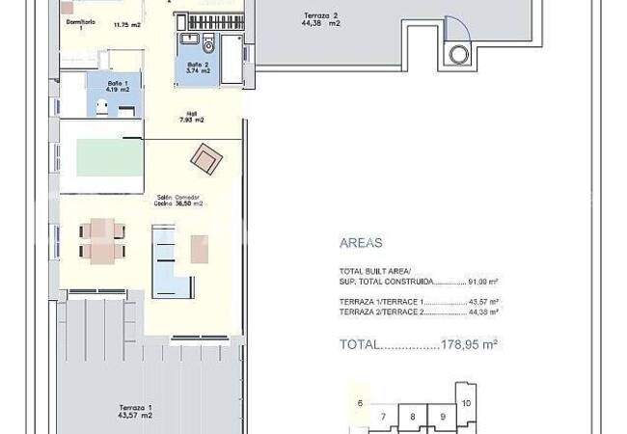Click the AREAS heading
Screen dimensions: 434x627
pyautogui.click(x=361, y=244)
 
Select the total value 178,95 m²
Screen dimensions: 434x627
pyautogui.click(x=467, y=343)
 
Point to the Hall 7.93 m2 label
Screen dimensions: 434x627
pyautogui.click(x=191, y=117)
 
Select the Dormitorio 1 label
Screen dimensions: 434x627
pyautogui.click(x=81, y=23)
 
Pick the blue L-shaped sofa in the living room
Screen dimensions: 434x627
pyautogui.click(x=170, y=260)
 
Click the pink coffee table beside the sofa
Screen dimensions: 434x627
pyautogui.click(x=200, y=248)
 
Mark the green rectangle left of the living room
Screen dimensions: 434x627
pyautogui.click(x=102, y=157)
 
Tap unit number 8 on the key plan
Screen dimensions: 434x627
pyautogui.click(x=413, y=417)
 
